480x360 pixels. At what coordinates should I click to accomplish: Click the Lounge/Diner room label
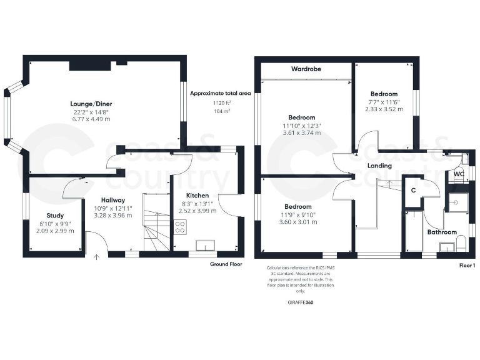point(91,104)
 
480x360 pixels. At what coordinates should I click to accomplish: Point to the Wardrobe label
point(306,69)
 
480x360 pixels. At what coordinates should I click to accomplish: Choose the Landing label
point(379,166)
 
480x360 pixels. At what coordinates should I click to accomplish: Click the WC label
point(459,173)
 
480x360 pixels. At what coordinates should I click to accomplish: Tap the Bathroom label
point(442,232)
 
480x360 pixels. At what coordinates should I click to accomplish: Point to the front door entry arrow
point(96,256)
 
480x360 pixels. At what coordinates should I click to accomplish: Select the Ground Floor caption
point(226,264)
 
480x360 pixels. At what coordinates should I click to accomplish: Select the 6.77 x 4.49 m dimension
point(91,119)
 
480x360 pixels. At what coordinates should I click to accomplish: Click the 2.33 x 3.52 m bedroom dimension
point(384,109)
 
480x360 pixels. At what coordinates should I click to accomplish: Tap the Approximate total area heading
point(221,93)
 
